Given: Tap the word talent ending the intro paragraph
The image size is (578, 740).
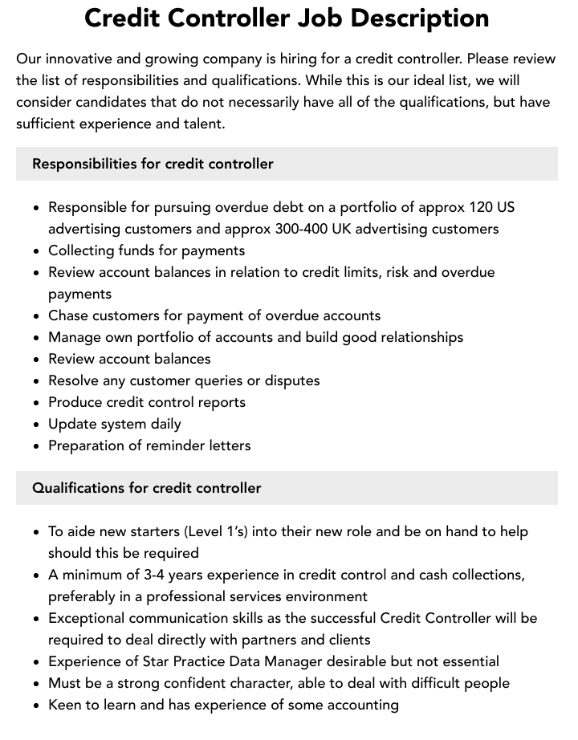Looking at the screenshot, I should pyautogui.click(x=203, y=124).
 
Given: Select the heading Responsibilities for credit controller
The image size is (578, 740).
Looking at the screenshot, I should pyautogui.click(x=153, y=164).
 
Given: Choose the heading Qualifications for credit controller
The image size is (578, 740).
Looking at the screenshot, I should pyautogui.click(x=146, y=488).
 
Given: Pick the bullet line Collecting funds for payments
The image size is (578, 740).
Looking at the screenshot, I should pyautogui.click(x=146, y=250).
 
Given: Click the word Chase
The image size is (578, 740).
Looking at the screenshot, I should pyautogui.click(x=69, y=315).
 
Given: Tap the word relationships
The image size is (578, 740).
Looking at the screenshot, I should pyautogui.click(x=417, y=337).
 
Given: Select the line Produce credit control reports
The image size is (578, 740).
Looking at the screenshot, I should pyautogui.click(x=147, y=402).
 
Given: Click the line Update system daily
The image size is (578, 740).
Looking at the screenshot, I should pyautogui.click(x=115, y=424).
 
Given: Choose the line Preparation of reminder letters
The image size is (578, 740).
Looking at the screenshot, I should pyautogui.click(x=149, y=445).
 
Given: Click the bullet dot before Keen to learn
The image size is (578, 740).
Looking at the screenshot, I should pyautogui.click(x=37, y=705).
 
